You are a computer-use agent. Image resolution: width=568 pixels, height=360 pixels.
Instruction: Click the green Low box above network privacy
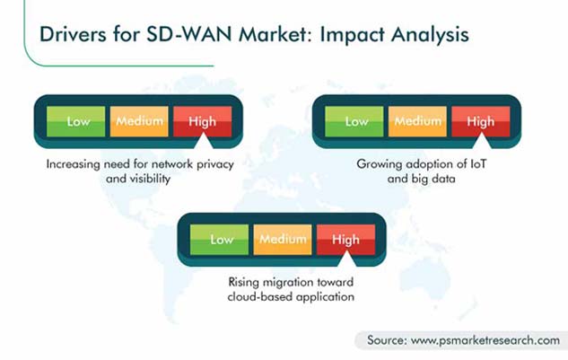[x=75, y=121]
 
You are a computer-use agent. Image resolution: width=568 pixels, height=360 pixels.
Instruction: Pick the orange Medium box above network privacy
[x=139, y=121]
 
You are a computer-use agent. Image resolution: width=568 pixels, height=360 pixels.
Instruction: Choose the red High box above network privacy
[x=203, y=121]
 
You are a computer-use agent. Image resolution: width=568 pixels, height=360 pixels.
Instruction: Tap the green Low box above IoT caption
[x=354, y=121]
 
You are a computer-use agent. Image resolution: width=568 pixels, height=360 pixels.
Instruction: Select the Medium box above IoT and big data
[x=417, y=121]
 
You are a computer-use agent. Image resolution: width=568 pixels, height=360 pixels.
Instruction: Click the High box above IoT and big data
[x=481, y=121]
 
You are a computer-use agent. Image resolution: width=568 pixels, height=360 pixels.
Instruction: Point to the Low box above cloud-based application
[x=219, y=240]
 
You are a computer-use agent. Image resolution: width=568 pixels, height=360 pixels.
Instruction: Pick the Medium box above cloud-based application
[x=283, y=240]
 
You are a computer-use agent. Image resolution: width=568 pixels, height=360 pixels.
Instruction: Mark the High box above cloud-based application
[x=346, y=240]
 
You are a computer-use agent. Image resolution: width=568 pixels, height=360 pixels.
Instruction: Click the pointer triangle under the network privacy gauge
[x=203, y=142]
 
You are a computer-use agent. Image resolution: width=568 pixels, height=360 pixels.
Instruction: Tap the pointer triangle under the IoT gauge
[x=482, y=142]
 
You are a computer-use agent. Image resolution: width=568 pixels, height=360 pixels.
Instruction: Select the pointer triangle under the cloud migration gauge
[x=346, y=260]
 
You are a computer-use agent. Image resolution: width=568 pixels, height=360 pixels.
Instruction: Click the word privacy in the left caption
[x=215, y=165]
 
